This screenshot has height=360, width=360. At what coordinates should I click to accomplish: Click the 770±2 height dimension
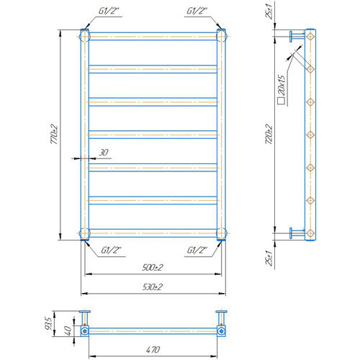[x=54, y=134]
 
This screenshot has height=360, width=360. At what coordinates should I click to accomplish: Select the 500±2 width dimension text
[x=153, y=267]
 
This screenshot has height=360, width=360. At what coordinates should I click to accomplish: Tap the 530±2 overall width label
[x=153, y=287]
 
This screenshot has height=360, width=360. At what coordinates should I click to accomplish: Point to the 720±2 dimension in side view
[x=269, y=134]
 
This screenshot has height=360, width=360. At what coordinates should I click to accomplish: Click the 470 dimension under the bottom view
[x=153, y=349]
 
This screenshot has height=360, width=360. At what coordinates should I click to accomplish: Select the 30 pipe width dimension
[x=104, y=153]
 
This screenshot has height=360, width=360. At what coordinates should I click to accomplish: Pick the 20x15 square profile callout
[x=282, y=90]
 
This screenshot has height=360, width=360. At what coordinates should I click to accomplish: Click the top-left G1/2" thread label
[x=109, y=11]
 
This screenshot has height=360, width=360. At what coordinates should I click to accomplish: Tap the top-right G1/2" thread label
[x=197, y=11]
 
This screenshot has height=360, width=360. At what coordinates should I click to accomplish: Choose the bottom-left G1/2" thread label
[x=111, y=251]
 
